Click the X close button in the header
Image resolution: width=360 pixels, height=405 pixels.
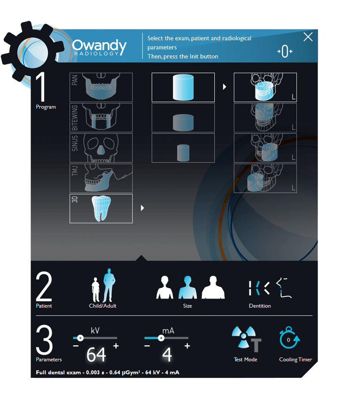pos(308,37)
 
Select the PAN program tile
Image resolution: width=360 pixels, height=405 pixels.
pos(101,87)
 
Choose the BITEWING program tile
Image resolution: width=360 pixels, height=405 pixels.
pos(101,118)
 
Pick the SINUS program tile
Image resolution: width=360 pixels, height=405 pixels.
pos(101,148)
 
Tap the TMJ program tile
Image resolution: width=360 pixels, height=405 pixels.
pos(101,178)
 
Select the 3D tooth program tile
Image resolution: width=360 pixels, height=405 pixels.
pos(101,209)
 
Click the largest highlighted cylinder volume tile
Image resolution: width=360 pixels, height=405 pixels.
pos(183,87)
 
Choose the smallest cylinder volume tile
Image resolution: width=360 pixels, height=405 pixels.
pos(183,148)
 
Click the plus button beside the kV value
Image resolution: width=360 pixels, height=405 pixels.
pos(116,346)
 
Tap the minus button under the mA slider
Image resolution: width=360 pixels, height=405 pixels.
pos(147,346)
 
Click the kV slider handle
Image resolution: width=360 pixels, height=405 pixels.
pos(80,338)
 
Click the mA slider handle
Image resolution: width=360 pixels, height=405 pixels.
pos(161,338)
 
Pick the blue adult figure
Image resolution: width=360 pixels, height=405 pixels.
pos(109,285)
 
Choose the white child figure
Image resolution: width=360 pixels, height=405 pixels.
pos(96,289)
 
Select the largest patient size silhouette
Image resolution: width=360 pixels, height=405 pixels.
pos(213,287)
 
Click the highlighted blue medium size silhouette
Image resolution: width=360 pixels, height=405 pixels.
pos(188,287)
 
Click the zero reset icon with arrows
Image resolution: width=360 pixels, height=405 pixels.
pos(285,51)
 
